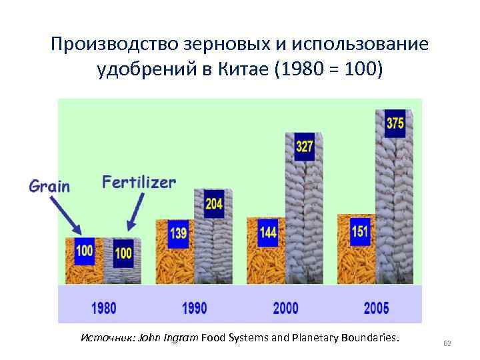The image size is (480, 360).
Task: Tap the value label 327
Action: click(304, 147)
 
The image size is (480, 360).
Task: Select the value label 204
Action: click(213, 204)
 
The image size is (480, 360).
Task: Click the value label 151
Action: click(359, 230)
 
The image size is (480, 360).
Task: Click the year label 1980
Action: click(103, 308)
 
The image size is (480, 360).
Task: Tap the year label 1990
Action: click(195, 308)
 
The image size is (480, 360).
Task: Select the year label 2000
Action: click(286, 308)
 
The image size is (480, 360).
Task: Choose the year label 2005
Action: click(377, 308)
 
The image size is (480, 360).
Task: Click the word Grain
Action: click(49, 186)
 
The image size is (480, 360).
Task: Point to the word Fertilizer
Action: click(139, 182)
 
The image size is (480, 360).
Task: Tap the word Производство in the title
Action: click(108, 44)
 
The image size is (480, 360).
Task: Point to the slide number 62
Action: click(447, 343)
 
